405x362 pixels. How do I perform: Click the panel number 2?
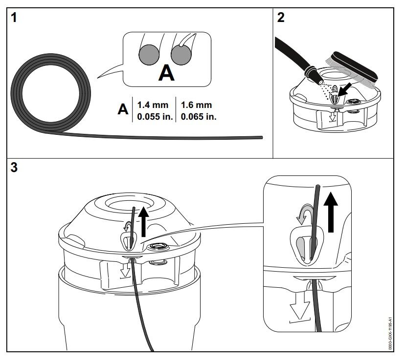[281, 18]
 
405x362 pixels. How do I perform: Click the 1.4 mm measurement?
[153, 105]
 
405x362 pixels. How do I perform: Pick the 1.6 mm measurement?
[196, 105]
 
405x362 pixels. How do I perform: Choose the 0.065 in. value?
[198, 117]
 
